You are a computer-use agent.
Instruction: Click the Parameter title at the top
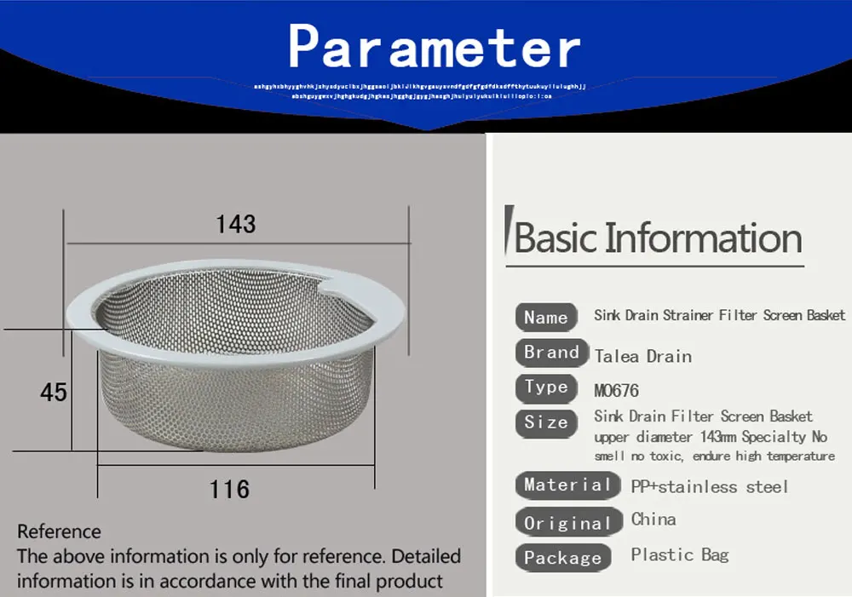click(435, 47)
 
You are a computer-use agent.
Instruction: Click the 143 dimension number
click(236, 224)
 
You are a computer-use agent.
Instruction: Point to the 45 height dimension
click(53, 392)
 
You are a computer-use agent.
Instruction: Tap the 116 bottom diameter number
click(230, 490)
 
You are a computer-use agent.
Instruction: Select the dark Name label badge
click(546, 317)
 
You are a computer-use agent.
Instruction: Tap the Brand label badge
click(551, 353)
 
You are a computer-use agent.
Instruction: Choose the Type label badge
click(546, 387)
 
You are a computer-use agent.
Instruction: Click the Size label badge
click(546, 422)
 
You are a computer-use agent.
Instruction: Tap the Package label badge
click(562, 558)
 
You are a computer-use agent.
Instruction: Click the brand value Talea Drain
click(643, 356)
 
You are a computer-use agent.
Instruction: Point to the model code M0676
click(616, 392)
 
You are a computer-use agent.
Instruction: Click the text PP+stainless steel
click(709, 487)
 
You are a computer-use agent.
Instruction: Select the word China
click(653, 520)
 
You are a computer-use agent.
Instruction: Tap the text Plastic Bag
click(680, 555)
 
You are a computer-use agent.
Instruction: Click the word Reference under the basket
click(59, 531)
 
